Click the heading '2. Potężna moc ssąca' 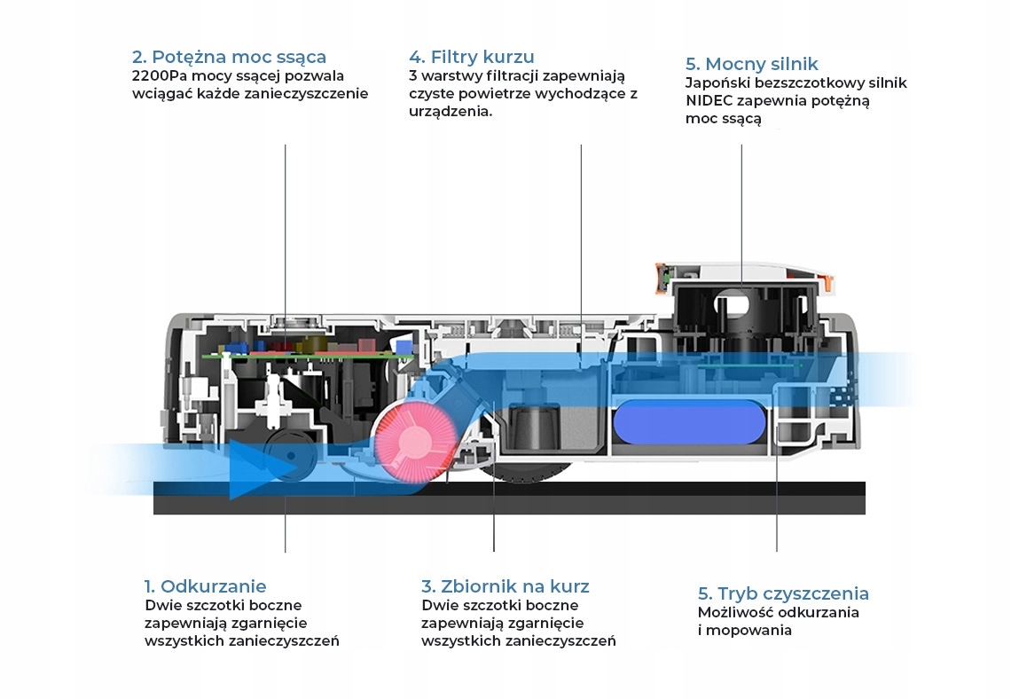click(x=229, y=58)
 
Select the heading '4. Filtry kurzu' click(x=472, y=58)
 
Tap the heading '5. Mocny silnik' click(x=751, y=64)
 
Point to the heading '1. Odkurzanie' click(x=205, y=586)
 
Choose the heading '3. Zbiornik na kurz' click(x=505, y=586)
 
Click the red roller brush click(x=413, y=441)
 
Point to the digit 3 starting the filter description click(x=413, y=76)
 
